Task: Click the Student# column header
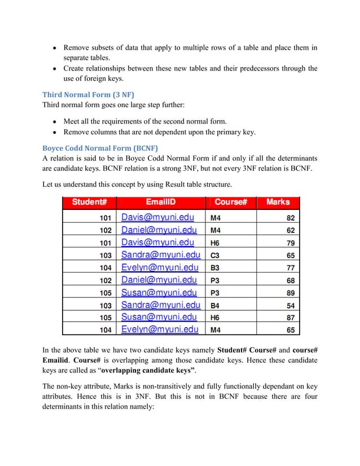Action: [x=89, y=203]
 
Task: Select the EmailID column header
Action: [x=160, y=203]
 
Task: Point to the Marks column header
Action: [x=278, y=203]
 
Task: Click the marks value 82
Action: [x=291, y=217]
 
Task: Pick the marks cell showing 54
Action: [x=291, y=305]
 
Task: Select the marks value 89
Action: [x=291, y=293]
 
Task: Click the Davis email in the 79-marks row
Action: [x=157, y=242]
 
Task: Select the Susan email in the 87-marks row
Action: [x=160, y=318]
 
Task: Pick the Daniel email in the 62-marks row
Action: [x=159, y=230]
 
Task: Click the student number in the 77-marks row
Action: [x=105, y=267]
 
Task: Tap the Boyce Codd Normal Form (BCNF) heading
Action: [x=100, y=149]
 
